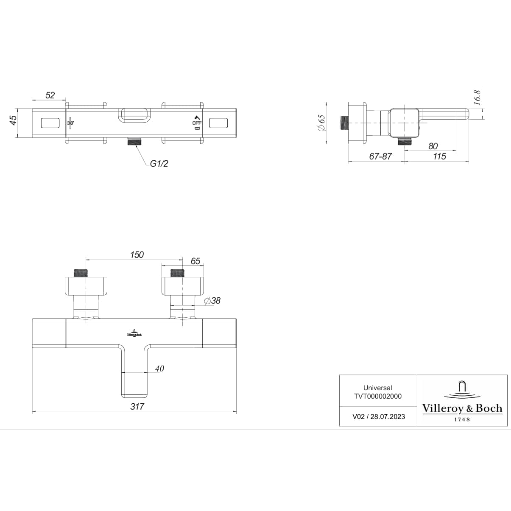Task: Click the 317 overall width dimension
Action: point(137,406)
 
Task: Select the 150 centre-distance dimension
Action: point(137,254)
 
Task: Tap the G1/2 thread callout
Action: point(159,164)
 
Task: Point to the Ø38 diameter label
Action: point(212,301)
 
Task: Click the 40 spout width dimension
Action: point(159,369)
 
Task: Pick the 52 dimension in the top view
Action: point(50,95)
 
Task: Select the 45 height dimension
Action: point(13,120)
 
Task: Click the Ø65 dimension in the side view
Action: point(321,123)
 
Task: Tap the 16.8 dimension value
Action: point(477,98)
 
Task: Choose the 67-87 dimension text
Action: point(380,156)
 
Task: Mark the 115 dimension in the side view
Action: point(439,156)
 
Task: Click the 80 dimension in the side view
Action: point(433,146)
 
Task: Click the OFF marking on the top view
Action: point(197,123)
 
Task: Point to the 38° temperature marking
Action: point(70,123)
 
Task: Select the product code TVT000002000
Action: point(377,396)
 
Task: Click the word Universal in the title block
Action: point(377,388)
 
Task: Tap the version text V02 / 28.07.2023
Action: point(378,416)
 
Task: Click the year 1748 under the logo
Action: point(462,419)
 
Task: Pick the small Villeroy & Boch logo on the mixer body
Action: point(134,333)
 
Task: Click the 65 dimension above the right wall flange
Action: point(195,261)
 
